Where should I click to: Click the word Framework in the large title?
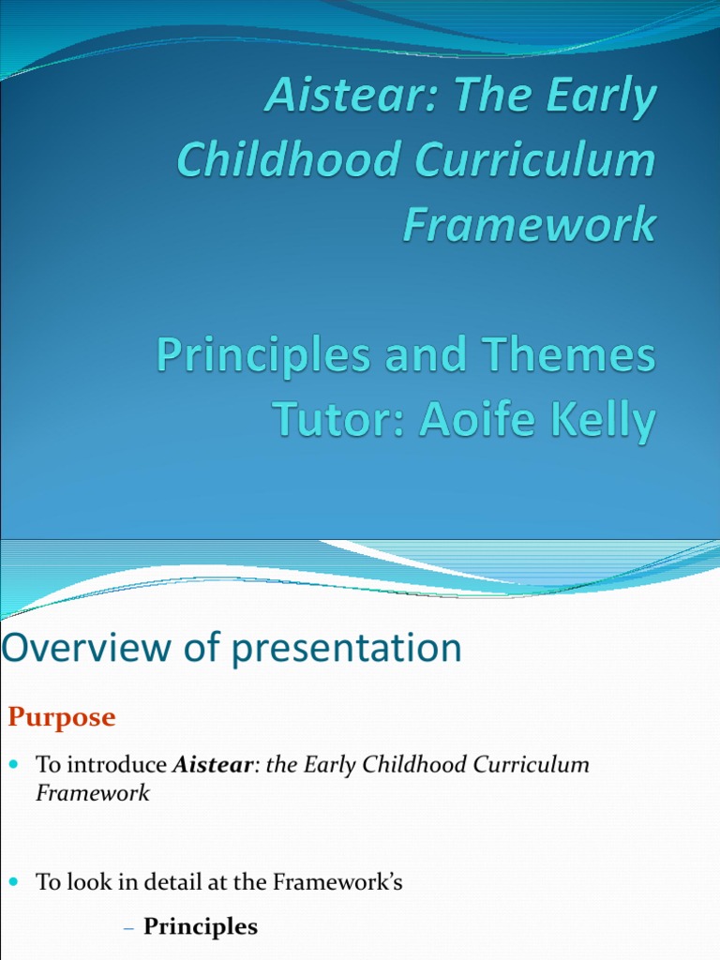[x=529, y=225]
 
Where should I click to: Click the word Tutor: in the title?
[x=338, y=421]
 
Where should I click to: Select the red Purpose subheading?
[x=62, y=718]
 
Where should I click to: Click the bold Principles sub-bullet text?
[x=201, y=927]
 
